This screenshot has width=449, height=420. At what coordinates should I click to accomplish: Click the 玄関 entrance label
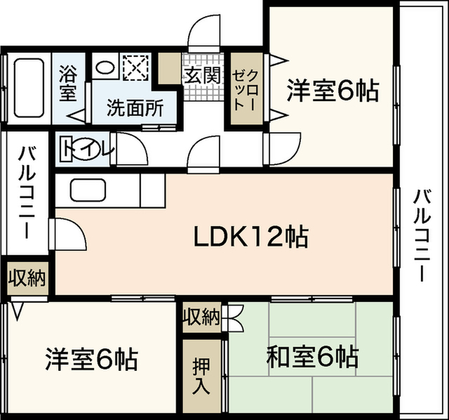(x=203, y=76)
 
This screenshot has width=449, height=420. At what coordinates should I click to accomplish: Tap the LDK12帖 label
(x=251, y=237)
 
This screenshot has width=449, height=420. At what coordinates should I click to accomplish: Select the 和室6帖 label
(x=312, y=357)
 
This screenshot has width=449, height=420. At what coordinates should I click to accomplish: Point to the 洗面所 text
(x=135, y=107)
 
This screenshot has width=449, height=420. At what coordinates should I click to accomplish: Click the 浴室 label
(x=68, y=83)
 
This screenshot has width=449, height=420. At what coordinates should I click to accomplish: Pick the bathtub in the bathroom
(x=29, y=88)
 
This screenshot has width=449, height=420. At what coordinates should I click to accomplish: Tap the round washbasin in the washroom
(x=105, y=67)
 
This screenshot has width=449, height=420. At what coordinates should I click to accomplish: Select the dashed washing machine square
(x=135, y=67)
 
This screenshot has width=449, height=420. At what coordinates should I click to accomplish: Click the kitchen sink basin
(x=88, y=190)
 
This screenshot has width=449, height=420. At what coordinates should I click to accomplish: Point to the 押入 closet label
(x=202, y=375)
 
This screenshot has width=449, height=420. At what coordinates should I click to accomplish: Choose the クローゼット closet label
(x=246, y=91)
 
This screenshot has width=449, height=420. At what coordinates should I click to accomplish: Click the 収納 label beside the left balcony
(x=27, y=278)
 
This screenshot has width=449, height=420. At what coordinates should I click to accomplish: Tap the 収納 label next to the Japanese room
(x=202, y=317)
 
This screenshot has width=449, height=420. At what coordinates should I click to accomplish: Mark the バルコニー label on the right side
(x=422, y=236)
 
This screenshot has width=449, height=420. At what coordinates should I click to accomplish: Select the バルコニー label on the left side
(x=27, y=192)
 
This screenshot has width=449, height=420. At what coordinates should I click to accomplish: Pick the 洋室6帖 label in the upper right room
(x=333, y=91)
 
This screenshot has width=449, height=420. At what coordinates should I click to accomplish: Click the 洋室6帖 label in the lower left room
(x=92, y=359)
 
